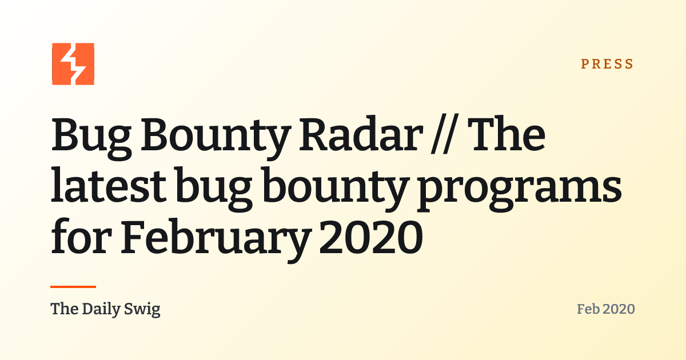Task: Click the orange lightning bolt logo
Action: (x=73, y=64)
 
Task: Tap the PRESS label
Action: (x=607, y=64)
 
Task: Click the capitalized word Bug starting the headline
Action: (x=91, y=138)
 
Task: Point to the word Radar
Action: (x=361, y=135)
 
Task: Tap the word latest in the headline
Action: (x=109, y=185)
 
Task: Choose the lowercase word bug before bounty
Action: (x=214, y=189)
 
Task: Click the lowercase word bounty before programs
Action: (x=336, y=189)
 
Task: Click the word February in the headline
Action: (x=216, y=241)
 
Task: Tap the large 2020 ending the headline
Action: (x=371, y=237)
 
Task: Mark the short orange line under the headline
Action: (x=73, y=287)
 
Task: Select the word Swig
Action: (x=142, y=310)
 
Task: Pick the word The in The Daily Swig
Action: (x=65, y=309)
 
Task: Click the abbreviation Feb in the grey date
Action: (x=588, y=309)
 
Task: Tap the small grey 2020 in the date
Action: (x=619, y=309)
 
